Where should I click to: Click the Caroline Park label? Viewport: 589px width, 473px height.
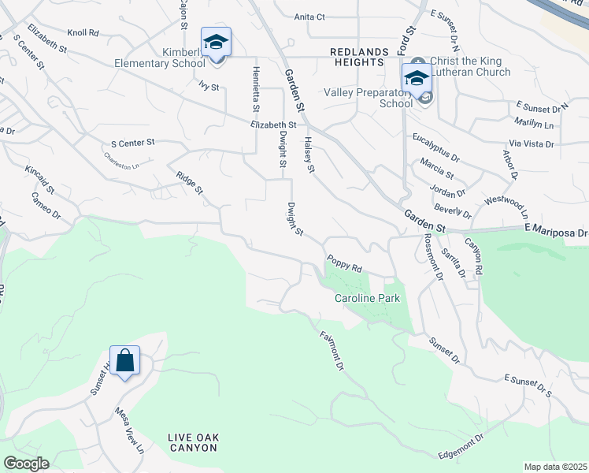tap(368, 299)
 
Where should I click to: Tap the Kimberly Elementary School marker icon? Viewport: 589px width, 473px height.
tap(216, 43)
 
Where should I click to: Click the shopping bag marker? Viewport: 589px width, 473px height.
tap(124, 362)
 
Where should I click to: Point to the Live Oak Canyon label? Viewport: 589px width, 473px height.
tap(192, 442)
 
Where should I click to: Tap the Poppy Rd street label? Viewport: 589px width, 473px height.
tap(344, 264)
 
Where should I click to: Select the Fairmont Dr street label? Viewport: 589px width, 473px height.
tap(332, 351)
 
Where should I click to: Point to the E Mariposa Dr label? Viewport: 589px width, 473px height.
tap(556, 233)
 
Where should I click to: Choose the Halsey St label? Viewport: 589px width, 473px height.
tap(309, 155)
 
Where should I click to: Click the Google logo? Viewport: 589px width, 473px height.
tap(26, 464)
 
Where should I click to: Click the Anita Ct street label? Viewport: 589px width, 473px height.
tap(309, 17)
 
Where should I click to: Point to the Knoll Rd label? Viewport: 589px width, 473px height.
tap(83, 33)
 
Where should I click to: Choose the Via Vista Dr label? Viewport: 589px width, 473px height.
tap(532, 144)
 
